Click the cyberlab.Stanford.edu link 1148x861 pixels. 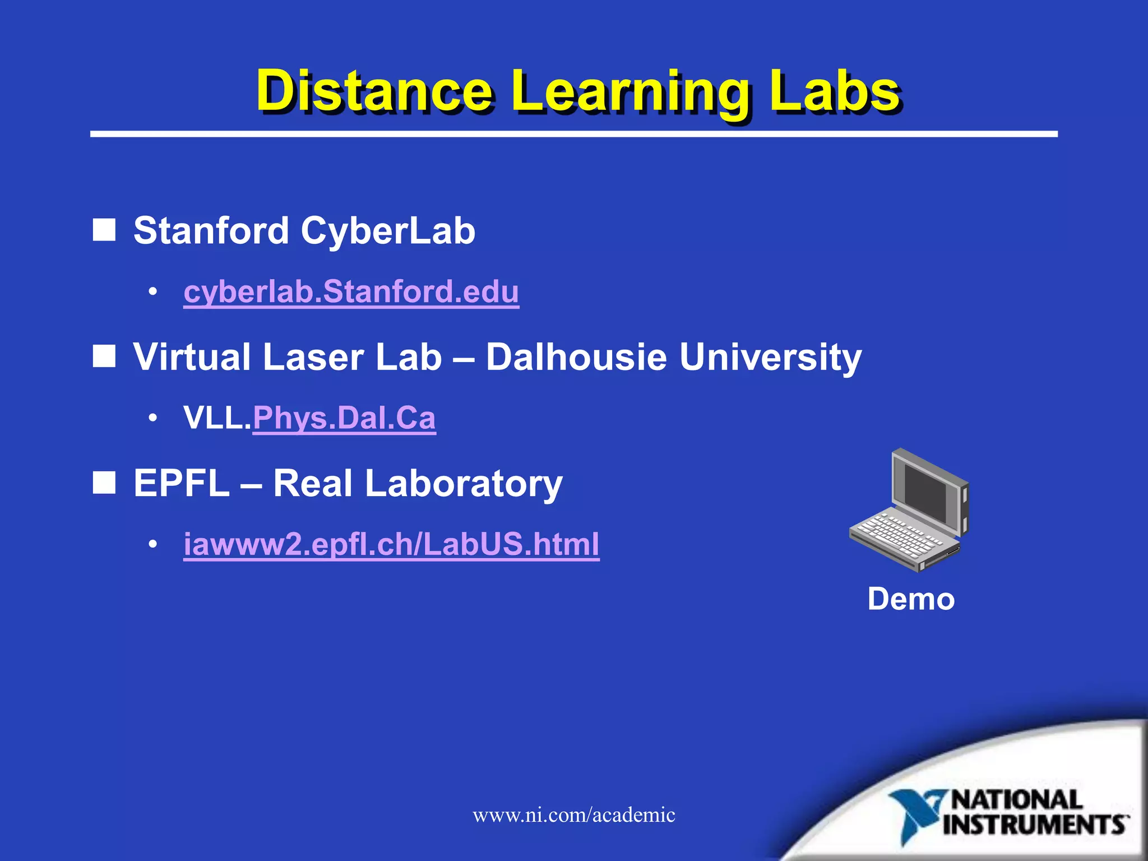[x=351, y=292]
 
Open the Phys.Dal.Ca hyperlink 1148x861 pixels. [x=344, y=418]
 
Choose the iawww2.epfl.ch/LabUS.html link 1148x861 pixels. [x=391, y=544]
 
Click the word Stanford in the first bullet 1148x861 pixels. [x=211, y=230]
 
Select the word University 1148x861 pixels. [x=770, y=358]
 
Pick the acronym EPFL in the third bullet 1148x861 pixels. [x=182, y=483]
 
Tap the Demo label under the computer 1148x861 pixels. [x=911, y=599]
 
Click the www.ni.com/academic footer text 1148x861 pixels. [x=574, y=815]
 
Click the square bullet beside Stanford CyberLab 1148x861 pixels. [x=104, y=230]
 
